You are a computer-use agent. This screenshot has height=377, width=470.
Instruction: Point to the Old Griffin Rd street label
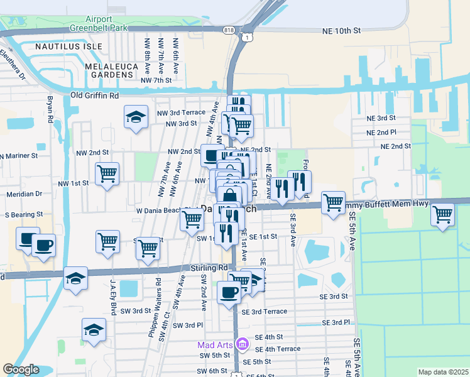click(95, 96)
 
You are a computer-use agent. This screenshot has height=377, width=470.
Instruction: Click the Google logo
click(21, 369)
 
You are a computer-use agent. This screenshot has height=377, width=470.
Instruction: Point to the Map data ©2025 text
click(442, 372)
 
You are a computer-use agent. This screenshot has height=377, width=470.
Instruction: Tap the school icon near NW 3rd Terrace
click(136, 117)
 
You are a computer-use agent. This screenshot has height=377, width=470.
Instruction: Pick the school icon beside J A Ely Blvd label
click(75, 279)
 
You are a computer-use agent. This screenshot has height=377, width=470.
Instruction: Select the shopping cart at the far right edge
click(442, 214)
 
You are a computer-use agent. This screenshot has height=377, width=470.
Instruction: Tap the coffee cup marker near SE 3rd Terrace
click(229, 292)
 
